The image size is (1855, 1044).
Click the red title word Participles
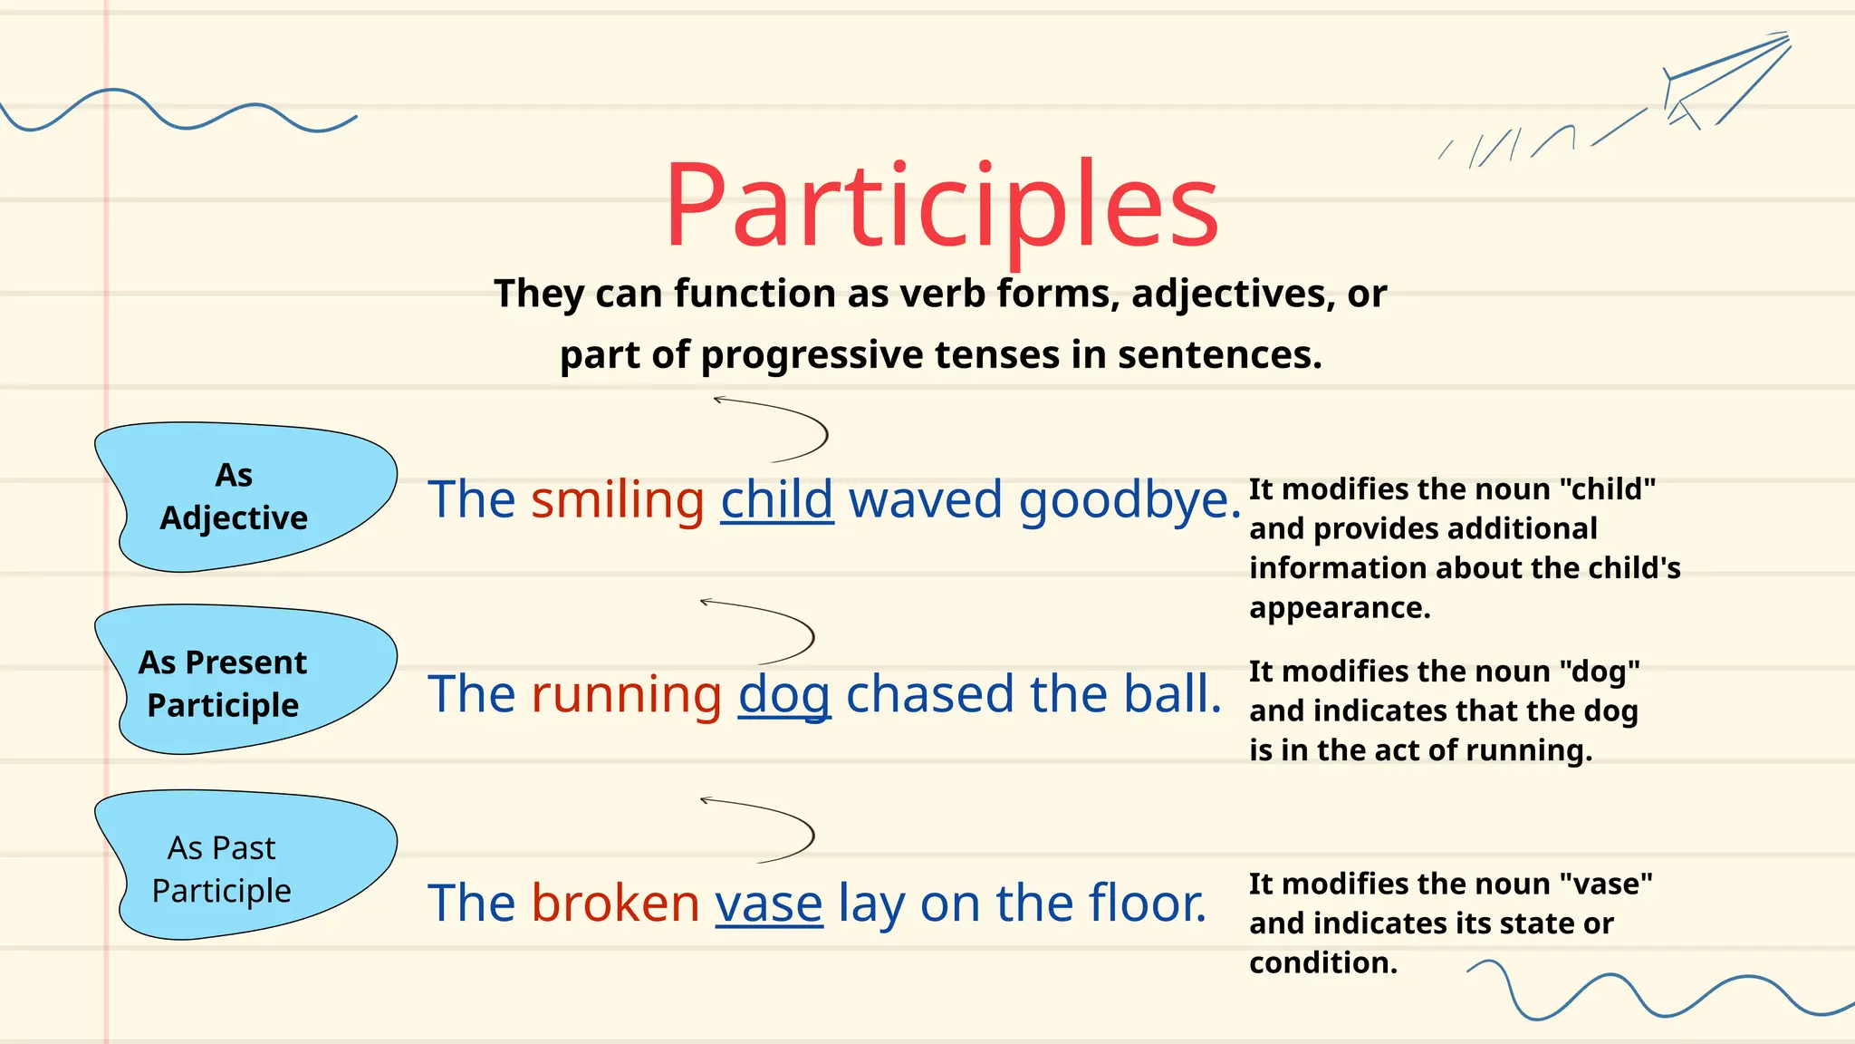(941, 207)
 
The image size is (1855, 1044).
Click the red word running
(626, 694)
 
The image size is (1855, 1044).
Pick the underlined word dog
(784, 696)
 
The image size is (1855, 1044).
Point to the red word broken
(615, 903)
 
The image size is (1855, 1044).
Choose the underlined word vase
(769, 904)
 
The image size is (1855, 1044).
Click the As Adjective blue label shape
(245, 497)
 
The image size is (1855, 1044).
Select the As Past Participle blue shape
(245, 865)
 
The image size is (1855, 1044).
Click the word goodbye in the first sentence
(1129, 501)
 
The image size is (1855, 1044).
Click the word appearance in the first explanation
(1339, 608)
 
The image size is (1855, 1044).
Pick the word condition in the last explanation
(1322, 962)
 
